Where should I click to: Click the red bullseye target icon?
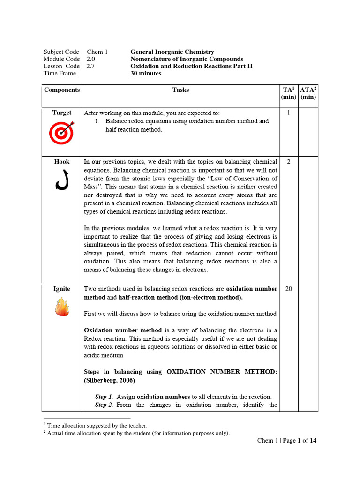(62, 133)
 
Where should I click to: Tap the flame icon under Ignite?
(62, 308)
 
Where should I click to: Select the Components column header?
(62, 90)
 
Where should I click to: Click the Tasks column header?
(180, 90)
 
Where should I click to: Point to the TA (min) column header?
(288, 93)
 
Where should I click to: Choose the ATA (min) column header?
(308, 93)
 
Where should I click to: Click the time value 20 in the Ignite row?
(288, 289)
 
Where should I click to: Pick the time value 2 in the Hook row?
(288, 162)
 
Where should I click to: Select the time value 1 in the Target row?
(288, 112)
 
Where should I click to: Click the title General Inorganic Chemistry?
(172, 52)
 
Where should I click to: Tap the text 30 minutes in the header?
(146, 73)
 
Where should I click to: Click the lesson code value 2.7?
(90, 66)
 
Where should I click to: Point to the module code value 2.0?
(90, 59)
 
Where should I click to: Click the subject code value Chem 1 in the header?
(97, 52)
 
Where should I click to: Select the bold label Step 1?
(104, 397)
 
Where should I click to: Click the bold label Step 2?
(104, 405)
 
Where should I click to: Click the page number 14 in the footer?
(313, 440)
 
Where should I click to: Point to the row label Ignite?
(62, 289)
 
